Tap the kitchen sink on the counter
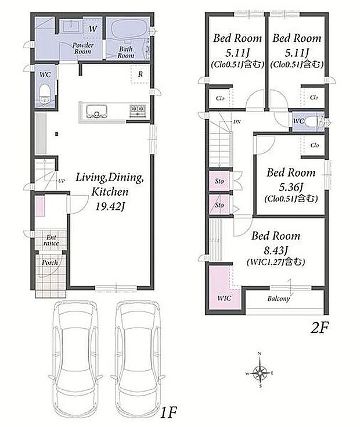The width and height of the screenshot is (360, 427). (96, 112)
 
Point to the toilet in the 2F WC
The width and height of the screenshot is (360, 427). (313, 121)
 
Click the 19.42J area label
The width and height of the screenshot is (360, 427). (109, 207)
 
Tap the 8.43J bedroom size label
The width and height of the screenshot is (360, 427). (276, 250)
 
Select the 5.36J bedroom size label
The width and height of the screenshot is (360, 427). (291, 186)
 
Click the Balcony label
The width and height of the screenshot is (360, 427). (278, 299)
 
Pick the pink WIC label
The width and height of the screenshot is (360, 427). (224, 298)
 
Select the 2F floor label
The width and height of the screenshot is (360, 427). (319, 328)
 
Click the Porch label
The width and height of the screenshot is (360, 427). (50, 263)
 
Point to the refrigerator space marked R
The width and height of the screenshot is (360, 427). (140, 74)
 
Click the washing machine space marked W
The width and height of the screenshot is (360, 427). (93, 28)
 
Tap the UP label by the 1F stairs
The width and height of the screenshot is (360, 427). (62, 181)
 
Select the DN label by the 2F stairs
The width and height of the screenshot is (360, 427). (237, 122)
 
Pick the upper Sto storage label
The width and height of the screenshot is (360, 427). (219, 181)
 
